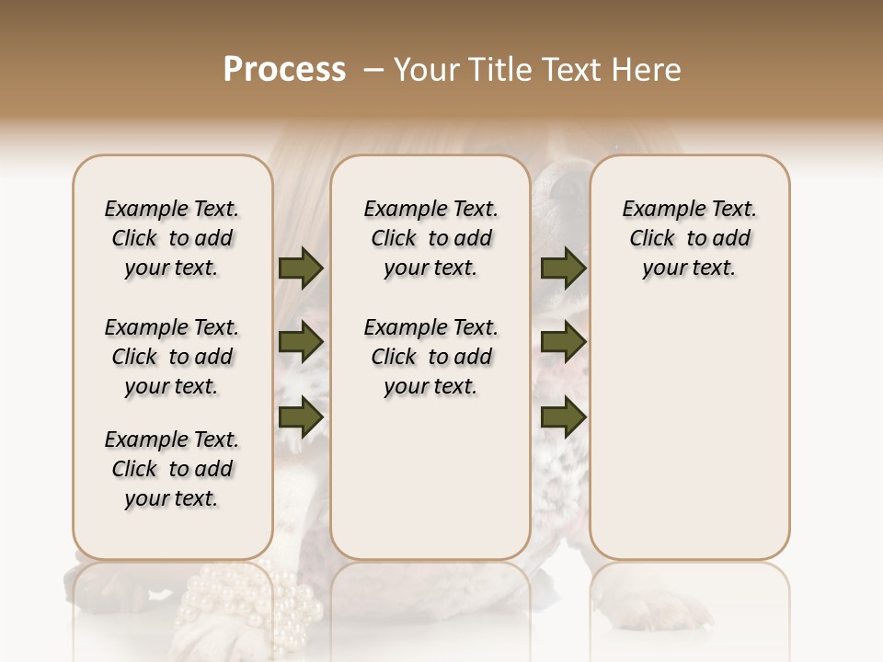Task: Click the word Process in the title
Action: coord(284,70)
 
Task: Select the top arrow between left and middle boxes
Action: coord(301,268)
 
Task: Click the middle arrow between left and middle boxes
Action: coord(301,343)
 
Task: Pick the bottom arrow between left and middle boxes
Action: coord(301,417)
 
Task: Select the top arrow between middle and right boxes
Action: coord(563,268)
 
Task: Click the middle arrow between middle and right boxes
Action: coord(563,343)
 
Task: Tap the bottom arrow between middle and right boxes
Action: coord(563,417)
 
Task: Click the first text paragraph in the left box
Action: coord(172,238)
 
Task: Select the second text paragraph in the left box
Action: coord(172,357)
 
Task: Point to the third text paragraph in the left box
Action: coord(172,469)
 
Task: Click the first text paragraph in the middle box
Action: coord(430,238)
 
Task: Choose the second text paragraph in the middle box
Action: coord(430,357)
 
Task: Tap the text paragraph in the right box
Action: coord(689,238)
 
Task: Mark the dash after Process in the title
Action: coord(373,70)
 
